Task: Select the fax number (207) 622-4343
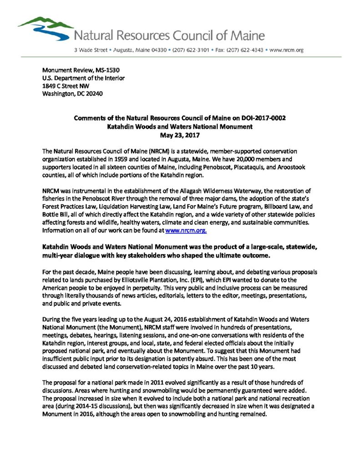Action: coord(241,50)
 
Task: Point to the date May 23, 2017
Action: coord(180,135)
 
